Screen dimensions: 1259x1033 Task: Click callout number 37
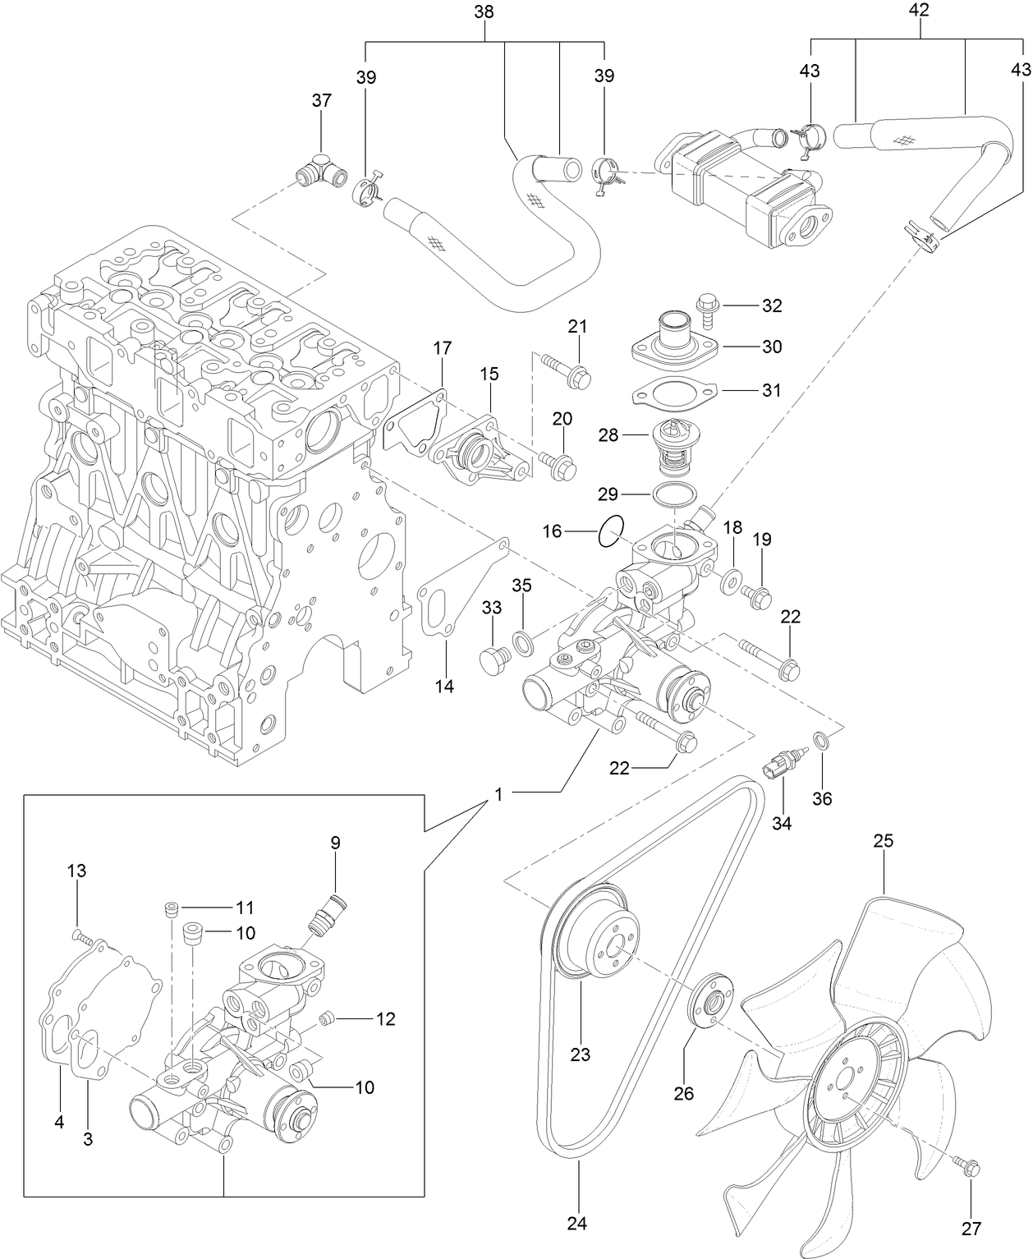click(321, 100)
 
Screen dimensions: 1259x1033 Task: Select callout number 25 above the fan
click(883, 841)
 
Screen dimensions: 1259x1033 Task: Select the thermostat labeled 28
click(673, 448)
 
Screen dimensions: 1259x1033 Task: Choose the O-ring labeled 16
click(612, 531)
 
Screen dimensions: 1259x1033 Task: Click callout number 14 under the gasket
click(444, 687)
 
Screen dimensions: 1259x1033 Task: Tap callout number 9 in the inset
click(335, 842)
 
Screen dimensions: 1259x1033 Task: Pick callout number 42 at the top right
click(919, 11)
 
